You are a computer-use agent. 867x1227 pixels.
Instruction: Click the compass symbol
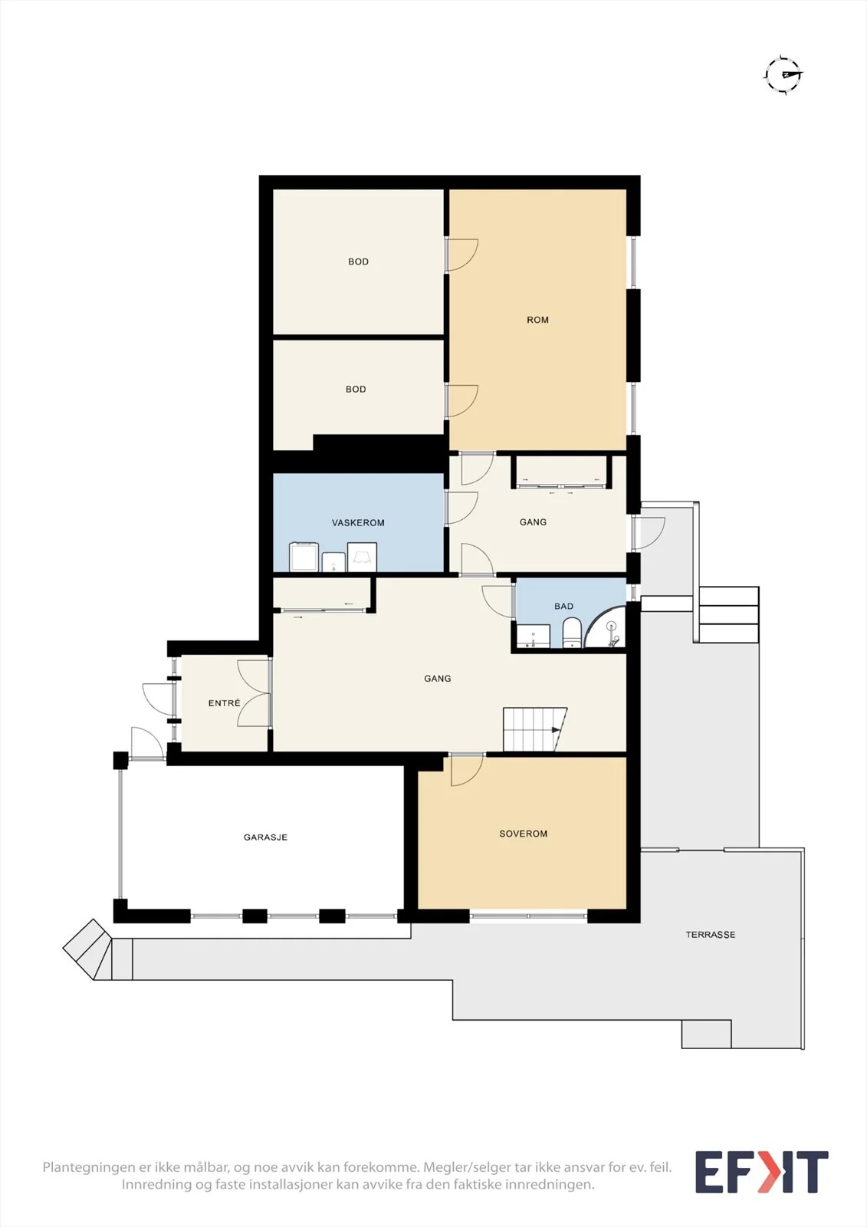pos(783,75)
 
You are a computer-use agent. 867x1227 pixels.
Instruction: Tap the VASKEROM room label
pos(358,522)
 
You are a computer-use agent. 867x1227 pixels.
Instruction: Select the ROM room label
pos(537,320)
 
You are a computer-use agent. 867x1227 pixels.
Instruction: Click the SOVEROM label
pos(523,834)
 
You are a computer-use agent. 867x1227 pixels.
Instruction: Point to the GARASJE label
pos(266,837)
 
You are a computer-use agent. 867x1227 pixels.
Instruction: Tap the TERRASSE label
pos(711,935)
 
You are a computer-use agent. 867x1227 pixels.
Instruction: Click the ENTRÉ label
pos(224,702)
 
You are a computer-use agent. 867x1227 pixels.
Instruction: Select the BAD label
pos(563,607)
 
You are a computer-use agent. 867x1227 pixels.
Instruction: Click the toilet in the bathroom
pos(571,633)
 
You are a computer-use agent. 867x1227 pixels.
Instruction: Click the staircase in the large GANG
pos(534,729)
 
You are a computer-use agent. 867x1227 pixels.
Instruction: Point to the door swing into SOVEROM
pos(467,770)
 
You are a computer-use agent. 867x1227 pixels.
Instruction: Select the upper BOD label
pos(358,262)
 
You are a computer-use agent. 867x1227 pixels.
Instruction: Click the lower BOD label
pos(356,390)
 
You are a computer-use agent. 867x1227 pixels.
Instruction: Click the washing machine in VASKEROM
pos(304,557)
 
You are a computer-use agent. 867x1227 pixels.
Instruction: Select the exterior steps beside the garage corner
pos(87,949)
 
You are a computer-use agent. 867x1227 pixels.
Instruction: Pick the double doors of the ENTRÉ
pos(255,693)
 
